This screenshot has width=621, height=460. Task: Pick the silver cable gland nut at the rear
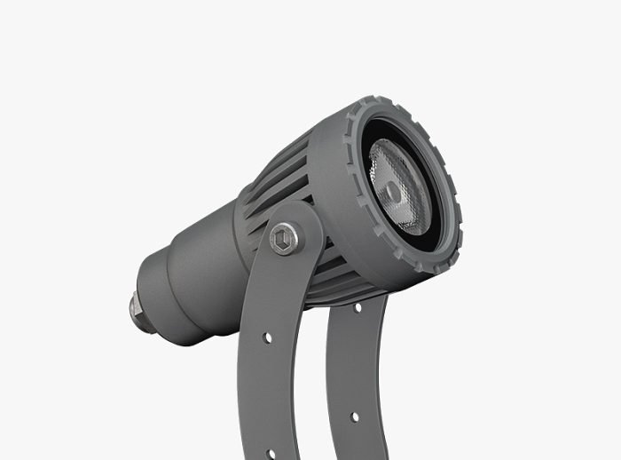tap(137, 310)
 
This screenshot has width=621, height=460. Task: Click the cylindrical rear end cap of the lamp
tap(164, 297)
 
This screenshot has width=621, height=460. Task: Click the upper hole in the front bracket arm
tap(266, 338)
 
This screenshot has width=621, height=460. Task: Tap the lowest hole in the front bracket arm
tap(271, 454)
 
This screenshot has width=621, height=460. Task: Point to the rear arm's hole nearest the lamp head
tap(358, 308)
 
